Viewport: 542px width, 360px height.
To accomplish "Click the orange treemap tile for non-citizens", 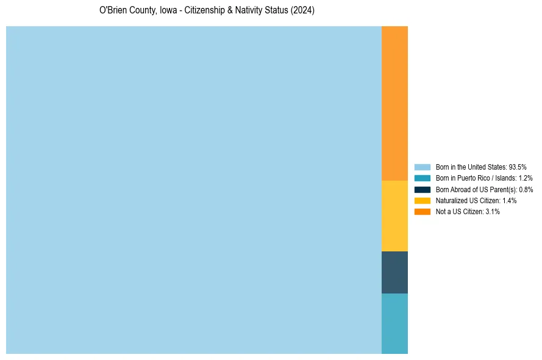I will coord(394,103).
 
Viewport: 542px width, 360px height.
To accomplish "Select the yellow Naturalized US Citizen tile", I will coord(394,215).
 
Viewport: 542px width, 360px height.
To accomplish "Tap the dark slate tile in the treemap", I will coord(394,272).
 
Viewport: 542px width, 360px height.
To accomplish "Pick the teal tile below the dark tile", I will coord(394,323).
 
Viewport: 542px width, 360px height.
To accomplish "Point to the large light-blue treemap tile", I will coord(194,190).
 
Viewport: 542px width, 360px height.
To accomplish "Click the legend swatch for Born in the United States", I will coord(422,167).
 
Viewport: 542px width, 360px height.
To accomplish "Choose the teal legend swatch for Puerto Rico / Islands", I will coord(422,178).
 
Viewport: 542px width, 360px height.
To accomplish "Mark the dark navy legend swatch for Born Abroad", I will coord(422,189).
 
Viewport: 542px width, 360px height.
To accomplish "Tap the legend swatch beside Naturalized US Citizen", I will coord(422,200).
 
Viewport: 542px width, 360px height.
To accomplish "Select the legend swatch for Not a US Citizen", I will coord(422,212).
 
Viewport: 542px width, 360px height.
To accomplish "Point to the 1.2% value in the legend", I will coord(525,178).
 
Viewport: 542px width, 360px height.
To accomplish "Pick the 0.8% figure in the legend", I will coord(526,189).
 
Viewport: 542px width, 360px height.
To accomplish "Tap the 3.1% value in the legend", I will coord(492,212).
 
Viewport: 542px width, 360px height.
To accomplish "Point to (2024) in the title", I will coord(303,11).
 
